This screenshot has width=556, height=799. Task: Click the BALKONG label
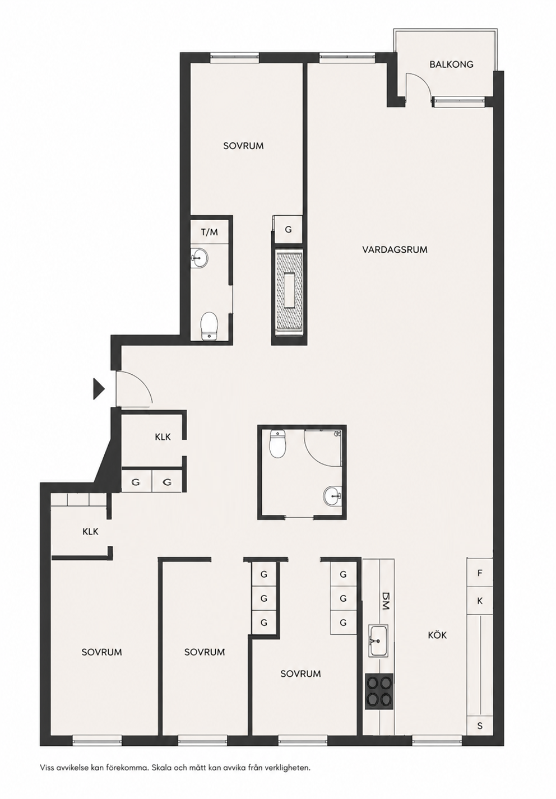click(451, 64)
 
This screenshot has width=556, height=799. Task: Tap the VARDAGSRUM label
click(395, 250)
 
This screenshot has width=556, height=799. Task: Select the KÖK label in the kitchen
click(437, 635)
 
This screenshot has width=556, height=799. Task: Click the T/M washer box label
click(209, 232)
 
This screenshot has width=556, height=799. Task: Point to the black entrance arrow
click(99, 389)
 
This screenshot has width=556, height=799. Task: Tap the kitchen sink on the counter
click(379, 640)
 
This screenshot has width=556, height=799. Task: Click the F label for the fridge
click(480, 573)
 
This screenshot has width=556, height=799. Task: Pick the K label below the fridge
click(480, 601)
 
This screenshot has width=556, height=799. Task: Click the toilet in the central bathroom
click(277, 444)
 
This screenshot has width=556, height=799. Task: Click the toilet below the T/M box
click(208, 326)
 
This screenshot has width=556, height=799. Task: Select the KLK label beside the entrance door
click(163, 436)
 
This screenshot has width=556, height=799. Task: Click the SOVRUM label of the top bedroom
click(243, 146)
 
